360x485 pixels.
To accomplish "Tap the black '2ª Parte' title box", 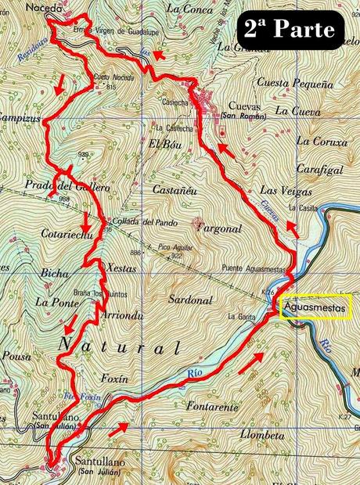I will [x=290, y=30].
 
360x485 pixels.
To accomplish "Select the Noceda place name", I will [x=43, y=8].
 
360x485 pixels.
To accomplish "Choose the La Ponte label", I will [x=53, y=300].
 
